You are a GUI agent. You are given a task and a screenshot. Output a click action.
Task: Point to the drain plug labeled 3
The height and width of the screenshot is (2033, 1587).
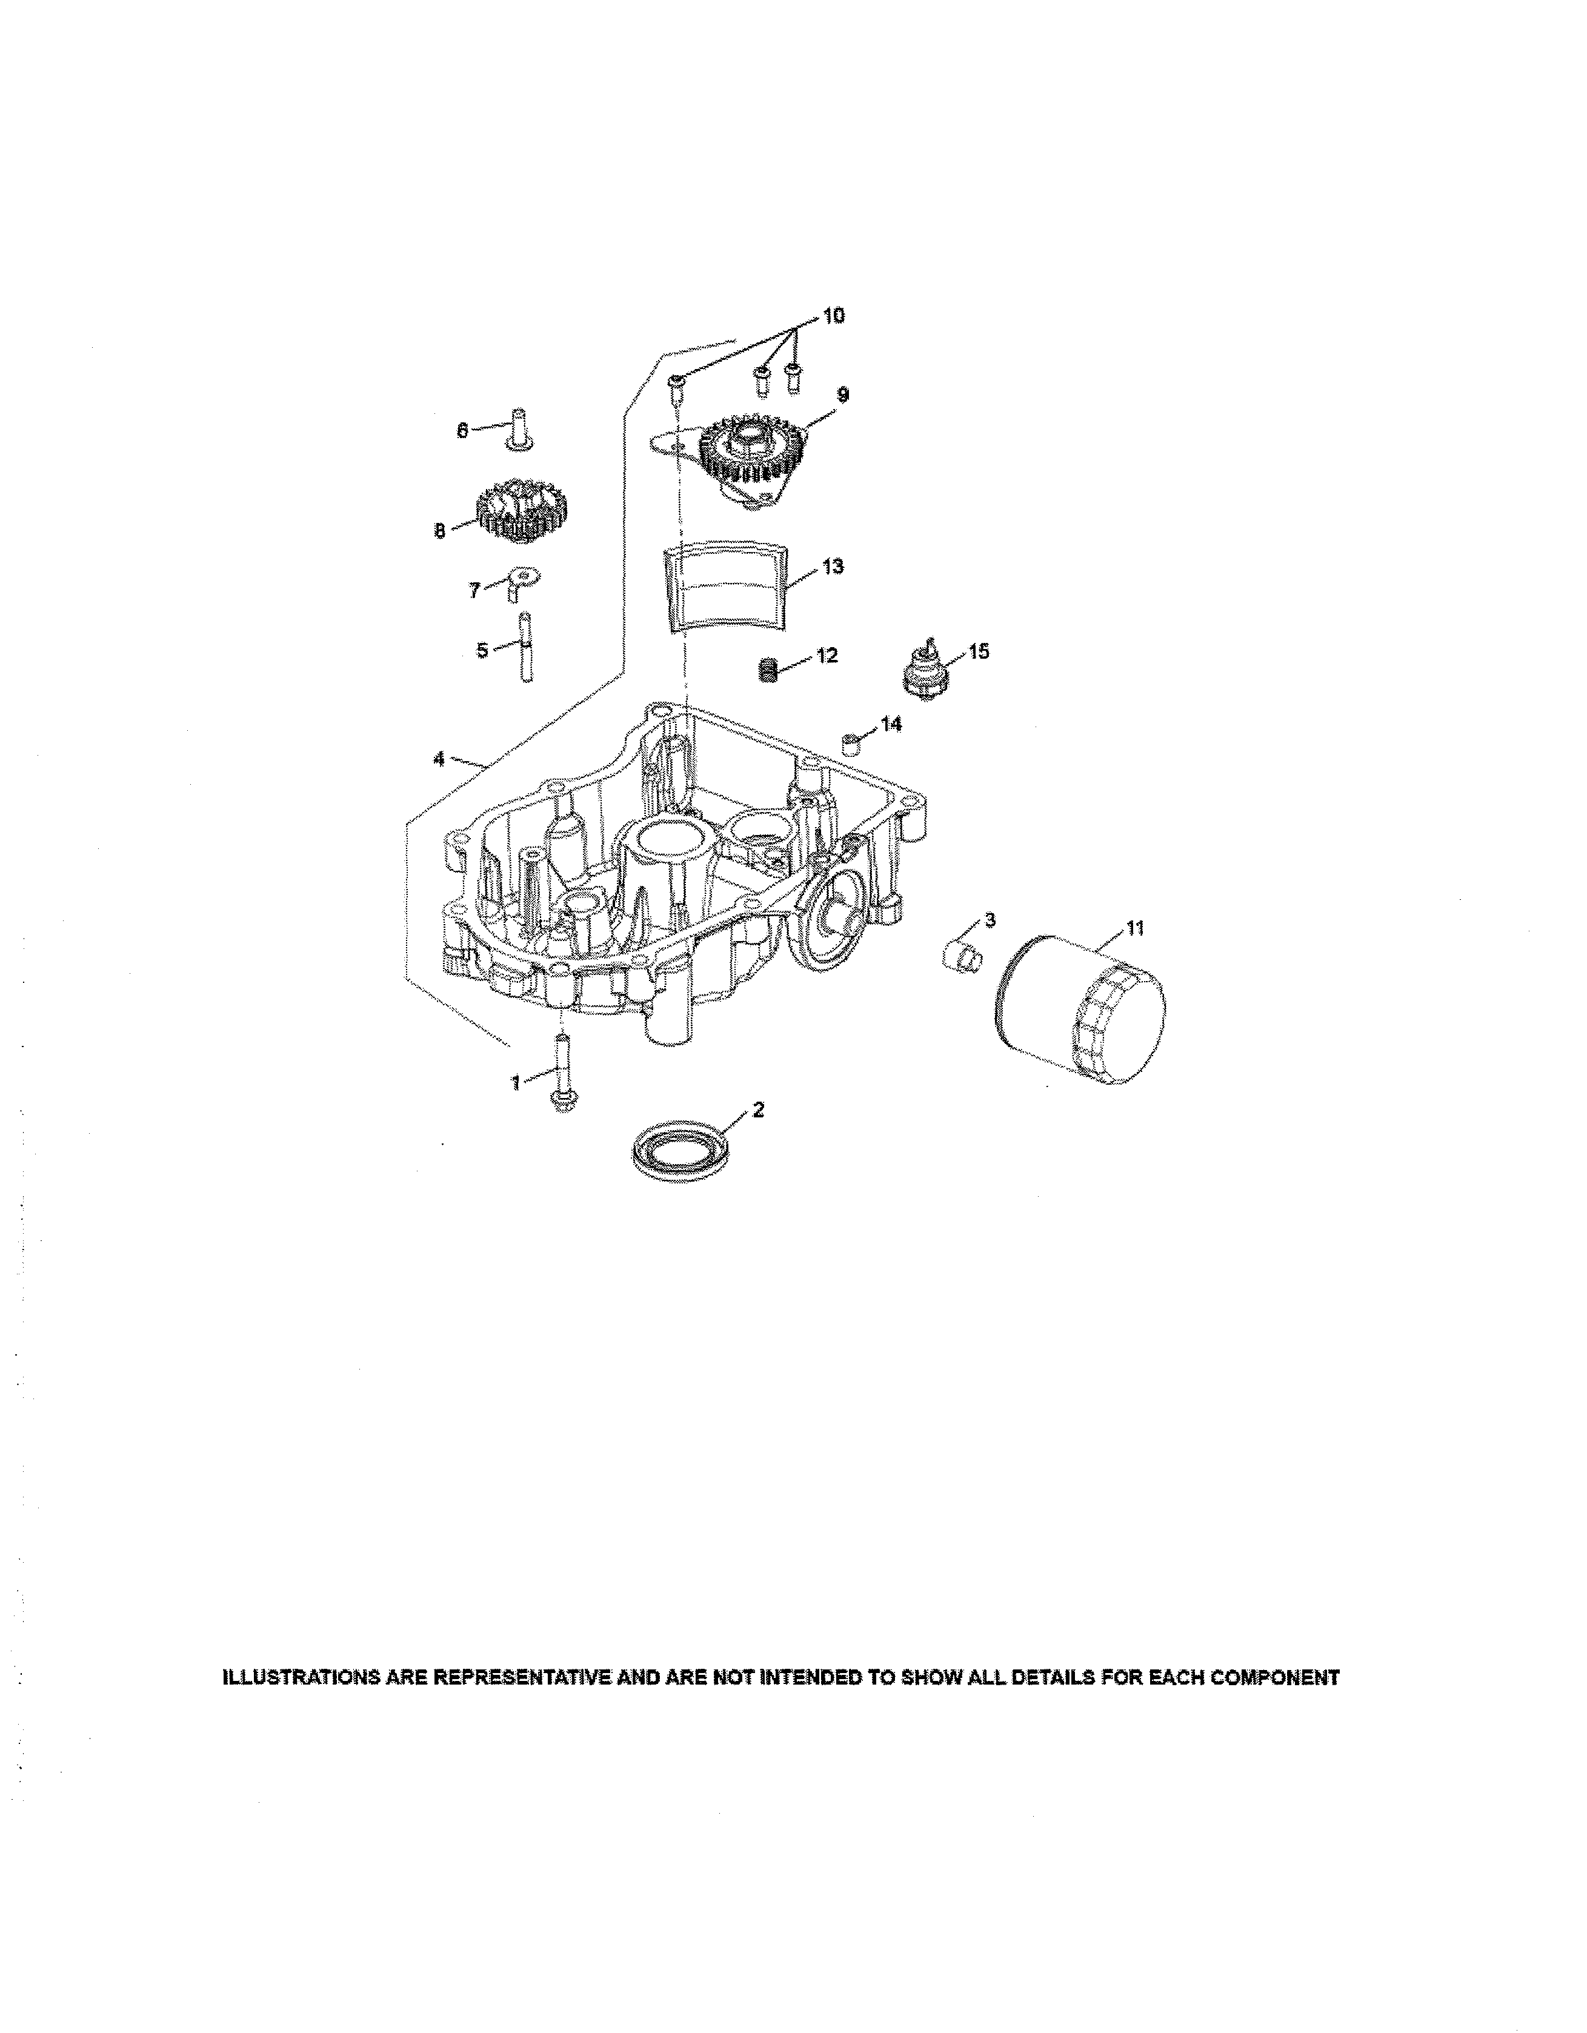(x=959, y=956)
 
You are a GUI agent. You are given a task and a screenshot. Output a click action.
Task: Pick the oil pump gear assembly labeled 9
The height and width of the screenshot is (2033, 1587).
(x=745, y=456)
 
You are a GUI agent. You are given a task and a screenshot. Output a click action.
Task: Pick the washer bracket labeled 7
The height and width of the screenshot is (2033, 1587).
(x=521, y=583)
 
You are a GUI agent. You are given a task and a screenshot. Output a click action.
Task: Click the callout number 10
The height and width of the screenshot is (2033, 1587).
(x=833, y=316)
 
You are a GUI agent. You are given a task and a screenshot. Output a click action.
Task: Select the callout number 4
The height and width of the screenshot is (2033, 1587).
(x=438, y=759)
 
